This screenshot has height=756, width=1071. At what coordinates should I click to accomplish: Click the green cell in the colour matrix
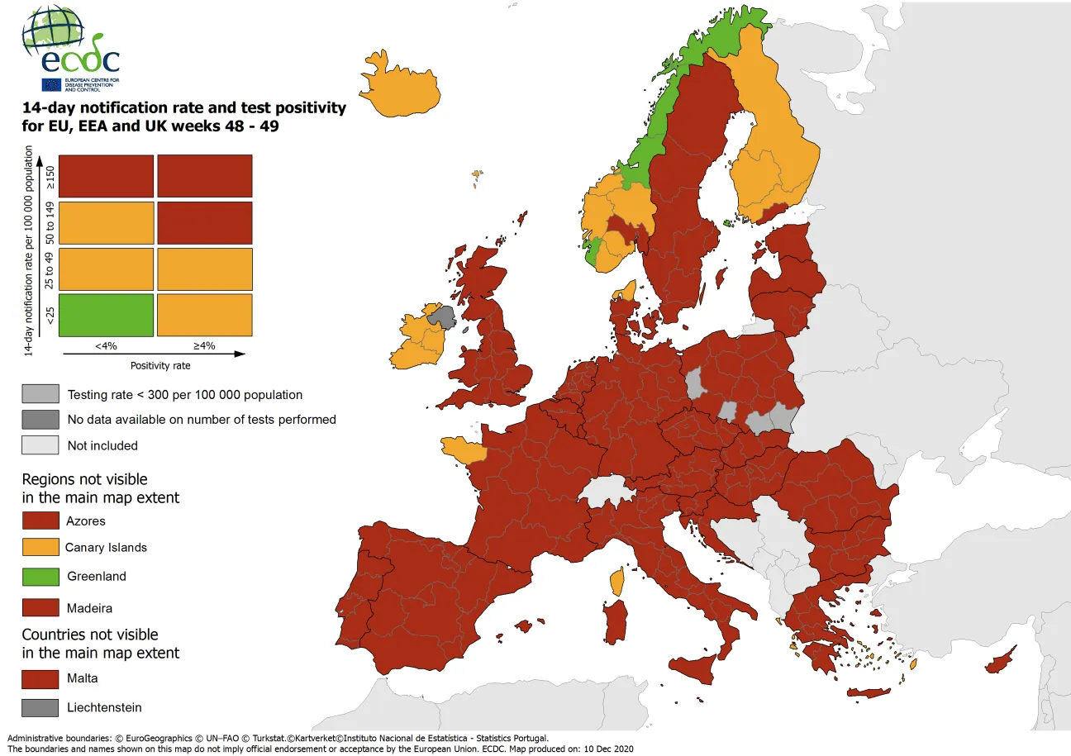click(x=106, y=315)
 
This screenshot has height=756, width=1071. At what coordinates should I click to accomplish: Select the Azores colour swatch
click(x=40, y=521)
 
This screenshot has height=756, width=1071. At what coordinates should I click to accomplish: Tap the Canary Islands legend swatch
click(x=40, y=547)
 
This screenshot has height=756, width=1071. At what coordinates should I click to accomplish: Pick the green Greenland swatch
click(x=40, y=576)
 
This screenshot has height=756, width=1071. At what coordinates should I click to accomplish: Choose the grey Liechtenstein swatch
click(x=40, y=707)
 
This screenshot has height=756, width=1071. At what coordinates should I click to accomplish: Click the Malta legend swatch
click(x=40, y=678)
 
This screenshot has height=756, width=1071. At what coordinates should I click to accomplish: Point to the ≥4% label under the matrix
click(x=204, y=345)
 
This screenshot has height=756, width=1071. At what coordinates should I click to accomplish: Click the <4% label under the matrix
click(x=106, y=345)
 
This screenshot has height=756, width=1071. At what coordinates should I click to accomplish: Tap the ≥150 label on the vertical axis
click(x=50, y=177)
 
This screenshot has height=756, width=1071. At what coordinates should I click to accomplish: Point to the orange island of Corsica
click(x=616, y=581)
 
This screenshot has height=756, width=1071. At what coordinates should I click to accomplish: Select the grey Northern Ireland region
click(x=442, y=317)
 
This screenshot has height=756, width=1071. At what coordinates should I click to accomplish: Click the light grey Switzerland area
click(x=607, y=495)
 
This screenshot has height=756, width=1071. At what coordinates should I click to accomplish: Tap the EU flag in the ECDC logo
click(x=50, y=84)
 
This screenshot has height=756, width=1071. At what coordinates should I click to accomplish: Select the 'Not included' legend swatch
click(x=40, y=445)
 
